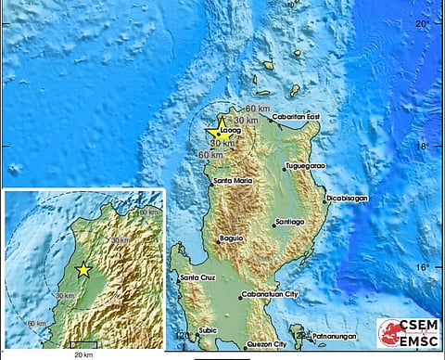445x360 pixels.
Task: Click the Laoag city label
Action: click(x=230, y=131)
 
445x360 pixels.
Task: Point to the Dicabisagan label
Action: click(x=350, y=199)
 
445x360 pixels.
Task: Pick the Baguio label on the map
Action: click(x=232, y=238)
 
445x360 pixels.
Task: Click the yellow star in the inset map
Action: click(x=83, y=270)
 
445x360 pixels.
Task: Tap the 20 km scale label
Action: click(x=83, y=354)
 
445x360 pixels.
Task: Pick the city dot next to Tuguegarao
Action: click(x=285, y=168)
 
